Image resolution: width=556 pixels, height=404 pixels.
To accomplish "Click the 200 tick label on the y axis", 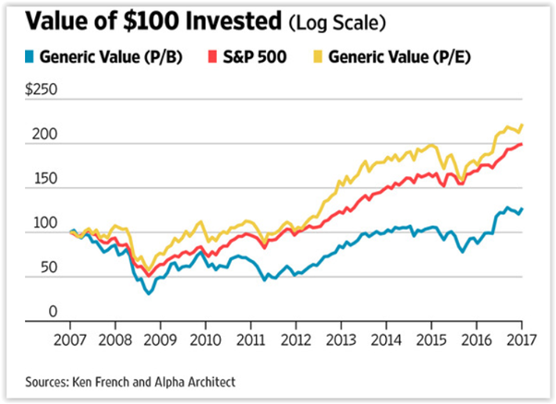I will click(x=46, y=136).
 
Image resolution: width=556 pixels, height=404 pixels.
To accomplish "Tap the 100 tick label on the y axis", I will click(x=46, y=224).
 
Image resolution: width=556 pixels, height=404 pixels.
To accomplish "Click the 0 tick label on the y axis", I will click(x=53, y=313).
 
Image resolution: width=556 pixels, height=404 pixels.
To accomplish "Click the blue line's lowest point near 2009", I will click(x=148, y=292).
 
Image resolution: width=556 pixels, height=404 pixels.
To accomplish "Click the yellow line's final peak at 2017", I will click(x=523, y=125).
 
